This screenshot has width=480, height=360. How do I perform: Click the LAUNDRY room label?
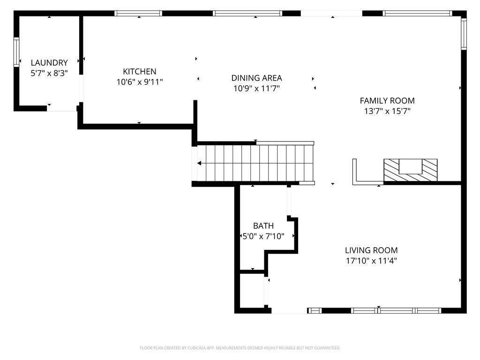[49, 62]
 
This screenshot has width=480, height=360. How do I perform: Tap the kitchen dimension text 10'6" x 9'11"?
[140, 82]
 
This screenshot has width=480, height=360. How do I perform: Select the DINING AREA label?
[256, 78]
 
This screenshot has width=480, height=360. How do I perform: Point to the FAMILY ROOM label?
[387, 100]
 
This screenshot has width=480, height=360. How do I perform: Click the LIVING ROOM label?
[371, 250]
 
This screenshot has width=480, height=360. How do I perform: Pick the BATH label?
[263, 226]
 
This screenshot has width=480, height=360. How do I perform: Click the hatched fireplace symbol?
[411, 170]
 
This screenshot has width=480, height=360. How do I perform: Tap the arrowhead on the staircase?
[200, 163]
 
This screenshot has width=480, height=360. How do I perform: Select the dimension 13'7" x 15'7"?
[387, 111]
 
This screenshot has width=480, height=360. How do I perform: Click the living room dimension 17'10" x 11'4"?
[371, 261]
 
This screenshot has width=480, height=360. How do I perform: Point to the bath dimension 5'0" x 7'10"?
[263, 237]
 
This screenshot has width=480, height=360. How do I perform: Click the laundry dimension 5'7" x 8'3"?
[49, 73]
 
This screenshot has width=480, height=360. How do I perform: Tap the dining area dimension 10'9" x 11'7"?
[256, 89]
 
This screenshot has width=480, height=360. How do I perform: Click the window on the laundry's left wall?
[16, 52]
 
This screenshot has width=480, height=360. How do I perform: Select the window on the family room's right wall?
[464, 33]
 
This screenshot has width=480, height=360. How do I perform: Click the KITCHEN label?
[140, 71]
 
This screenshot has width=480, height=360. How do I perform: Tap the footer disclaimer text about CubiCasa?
[240, 348]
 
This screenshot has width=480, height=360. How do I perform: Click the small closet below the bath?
[253, 291]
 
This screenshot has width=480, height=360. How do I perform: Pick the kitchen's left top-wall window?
[139, 13]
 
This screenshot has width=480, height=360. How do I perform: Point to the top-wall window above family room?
[417, 13]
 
